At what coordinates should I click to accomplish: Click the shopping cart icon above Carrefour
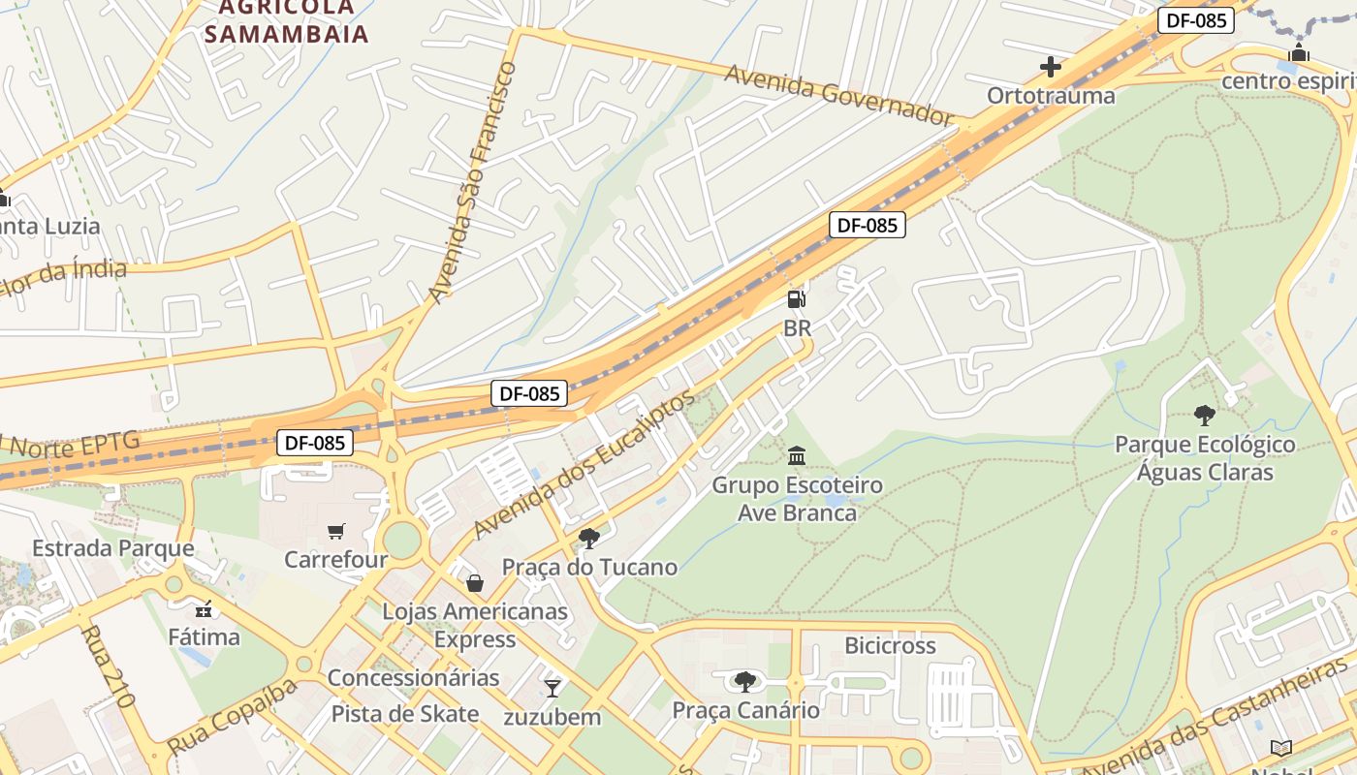[335, 531]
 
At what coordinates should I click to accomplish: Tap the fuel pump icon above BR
[796, 299]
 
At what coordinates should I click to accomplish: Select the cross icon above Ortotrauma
[1050, 67]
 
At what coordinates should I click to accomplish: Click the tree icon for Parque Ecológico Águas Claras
[1204, 416]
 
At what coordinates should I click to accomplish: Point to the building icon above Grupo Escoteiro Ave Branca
[797, 455]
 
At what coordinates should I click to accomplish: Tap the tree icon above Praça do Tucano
[588, 539]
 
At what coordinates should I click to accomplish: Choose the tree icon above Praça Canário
[744, 682]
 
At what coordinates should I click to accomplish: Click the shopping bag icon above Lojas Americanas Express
[474, 583]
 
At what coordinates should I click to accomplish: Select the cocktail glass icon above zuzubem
[552, 688]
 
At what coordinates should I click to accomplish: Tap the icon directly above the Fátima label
[204, 609]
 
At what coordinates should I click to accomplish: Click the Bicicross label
[890, 645]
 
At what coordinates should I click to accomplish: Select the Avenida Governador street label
[839, 96]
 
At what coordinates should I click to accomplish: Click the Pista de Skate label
[405, 714]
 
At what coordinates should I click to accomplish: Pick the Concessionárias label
[413, 677]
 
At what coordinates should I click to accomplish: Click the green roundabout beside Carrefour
[401, 539]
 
